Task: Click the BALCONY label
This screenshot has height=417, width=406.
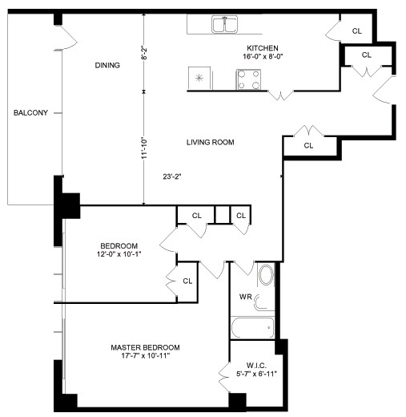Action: [x=30, y=113]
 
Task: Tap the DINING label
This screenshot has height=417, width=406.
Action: [x=107, y=65]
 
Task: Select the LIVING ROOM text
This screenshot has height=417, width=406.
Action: [x=210, y=142]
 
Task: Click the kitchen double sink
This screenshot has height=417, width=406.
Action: [x=224, y=24]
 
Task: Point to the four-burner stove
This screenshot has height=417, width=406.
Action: [x=248, y=79]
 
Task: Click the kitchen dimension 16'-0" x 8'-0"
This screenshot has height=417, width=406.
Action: [x=263, y=56]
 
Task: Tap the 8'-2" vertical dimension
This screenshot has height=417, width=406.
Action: [x=144, y=53]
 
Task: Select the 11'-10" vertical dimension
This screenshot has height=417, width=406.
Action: [x=144, y=148]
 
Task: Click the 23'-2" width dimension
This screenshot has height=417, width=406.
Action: [x=172, y=176]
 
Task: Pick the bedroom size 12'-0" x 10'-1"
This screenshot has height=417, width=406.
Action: [x=119, y=254]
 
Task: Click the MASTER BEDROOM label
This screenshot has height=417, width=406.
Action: [x=145, y=347]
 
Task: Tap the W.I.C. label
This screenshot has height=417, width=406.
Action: [x=256, y=366]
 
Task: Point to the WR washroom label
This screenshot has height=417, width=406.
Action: [x=246, y=297]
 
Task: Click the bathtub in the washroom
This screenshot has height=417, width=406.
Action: [x=252, y=328]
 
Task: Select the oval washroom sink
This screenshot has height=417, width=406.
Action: [x=266, y=275]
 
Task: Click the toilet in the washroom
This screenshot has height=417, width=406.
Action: [x=262, y=302]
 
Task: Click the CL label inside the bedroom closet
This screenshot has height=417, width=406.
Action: [x=187, y=281]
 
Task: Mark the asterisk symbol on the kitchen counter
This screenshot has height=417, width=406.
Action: [x=199, y=78]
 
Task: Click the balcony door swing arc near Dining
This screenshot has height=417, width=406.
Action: [x=70, y=38]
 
